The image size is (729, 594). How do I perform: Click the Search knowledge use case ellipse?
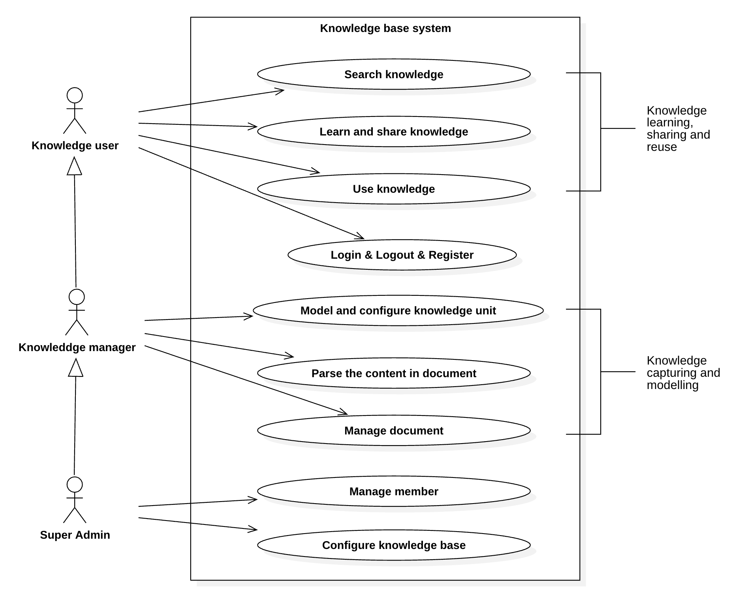393,74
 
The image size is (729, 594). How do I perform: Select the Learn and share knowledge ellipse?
393,132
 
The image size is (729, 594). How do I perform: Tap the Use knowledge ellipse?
393,189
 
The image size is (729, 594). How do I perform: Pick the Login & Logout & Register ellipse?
402,255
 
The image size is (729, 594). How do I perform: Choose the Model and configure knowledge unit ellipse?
398,310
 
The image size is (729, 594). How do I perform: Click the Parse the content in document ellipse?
393,373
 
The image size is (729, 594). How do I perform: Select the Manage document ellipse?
393,430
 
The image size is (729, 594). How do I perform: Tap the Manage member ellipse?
393,491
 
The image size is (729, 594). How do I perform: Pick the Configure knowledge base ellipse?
393,545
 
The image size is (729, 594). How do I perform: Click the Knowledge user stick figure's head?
75,96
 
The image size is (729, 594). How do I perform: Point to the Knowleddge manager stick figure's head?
77,297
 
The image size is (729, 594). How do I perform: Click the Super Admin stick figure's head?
75,485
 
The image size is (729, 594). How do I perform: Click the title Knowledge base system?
385,28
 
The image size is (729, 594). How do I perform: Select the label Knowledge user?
75,145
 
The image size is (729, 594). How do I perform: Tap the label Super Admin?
75,535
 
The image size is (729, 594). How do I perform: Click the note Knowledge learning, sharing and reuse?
678,128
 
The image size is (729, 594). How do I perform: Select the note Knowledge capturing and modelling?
682,372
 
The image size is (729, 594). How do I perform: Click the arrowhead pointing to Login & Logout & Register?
361,237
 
